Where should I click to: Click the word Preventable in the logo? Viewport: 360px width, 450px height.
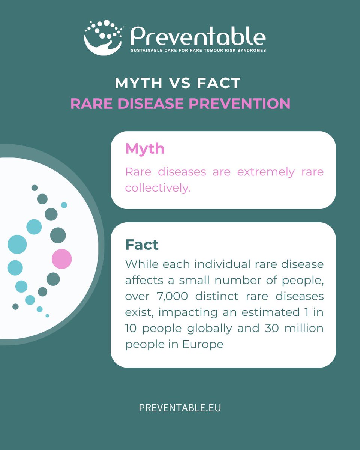[x=198, y=37]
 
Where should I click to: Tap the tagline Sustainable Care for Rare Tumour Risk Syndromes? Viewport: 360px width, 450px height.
[x=198, y=50]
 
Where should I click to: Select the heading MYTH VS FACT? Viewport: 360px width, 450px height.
[x=178, y=83]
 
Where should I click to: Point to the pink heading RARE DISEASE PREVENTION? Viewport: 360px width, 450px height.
[x=180, y=103]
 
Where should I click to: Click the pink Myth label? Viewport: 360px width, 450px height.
[x=145, y=149]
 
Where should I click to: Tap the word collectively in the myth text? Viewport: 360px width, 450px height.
[x=157, y=188]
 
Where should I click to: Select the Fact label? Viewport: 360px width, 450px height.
[x=142, y=245]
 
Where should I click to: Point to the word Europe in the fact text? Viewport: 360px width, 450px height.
[x=203, y=344]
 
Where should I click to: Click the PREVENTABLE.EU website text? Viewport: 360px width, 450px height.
[x=180, y=408]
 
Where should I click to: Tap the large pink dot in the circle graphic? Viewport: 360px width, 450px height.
[x=62, y=259]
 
